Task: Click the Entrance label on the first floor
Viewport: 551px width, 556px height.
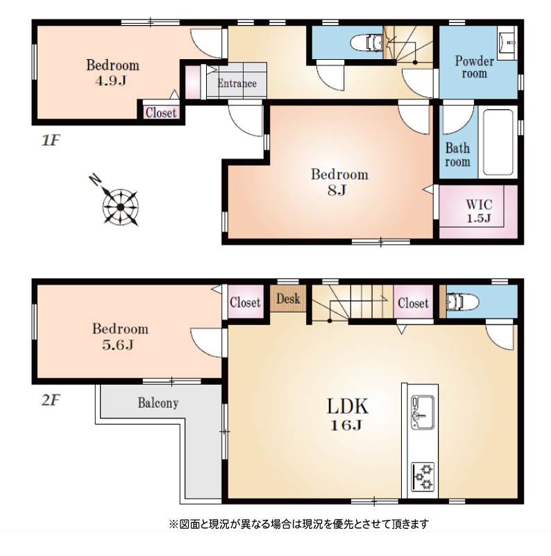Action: tap(237, 83)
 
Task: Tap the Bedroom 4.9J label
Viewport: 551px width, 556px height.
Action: tap(112, 73)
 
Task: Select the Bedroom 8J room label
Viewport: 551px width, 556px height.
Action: tap(339, 181)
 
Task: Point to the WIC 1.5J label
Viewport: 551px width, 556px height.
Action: tap(479, 211)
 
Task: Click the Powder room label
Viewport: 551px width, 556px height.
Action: tap(474, 67)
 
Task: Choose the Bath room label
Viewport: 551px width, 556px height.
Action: tap(457, 154)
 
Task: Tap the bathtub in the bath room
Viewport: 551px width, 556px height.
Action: tap(498, 142)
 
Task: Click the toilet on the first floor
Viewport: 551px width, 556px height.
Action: tap(367, 43)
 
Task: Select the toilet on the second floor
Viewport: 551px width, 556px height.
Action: tap(462, 302)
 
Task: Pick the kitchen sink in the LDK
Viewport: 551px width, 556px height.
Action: tap(423, 412)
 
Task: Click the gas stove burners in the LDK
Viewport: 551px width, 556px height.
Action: tap(423, 477)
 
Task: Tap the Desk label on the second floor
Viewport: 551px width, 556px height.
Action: tap(288, 299)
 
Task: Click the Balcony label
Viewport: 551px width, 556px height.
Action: tap(158, 403)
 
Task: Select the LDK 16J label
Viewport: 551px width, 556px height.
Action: tap(347, 414)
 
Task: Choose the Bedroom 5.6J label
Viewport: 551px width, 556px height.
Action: tap(120, 336)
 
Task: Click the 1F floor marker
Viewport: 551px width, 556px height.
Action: tap(51, 141)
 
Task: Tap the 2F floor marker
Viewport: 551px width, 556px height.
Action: tap(51, 400)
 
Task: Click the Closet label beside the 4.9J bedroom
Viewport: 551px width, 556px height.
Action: tap(161, 113)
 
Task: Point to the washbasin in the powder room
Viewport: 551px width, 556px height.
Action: tap(507, 42)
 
